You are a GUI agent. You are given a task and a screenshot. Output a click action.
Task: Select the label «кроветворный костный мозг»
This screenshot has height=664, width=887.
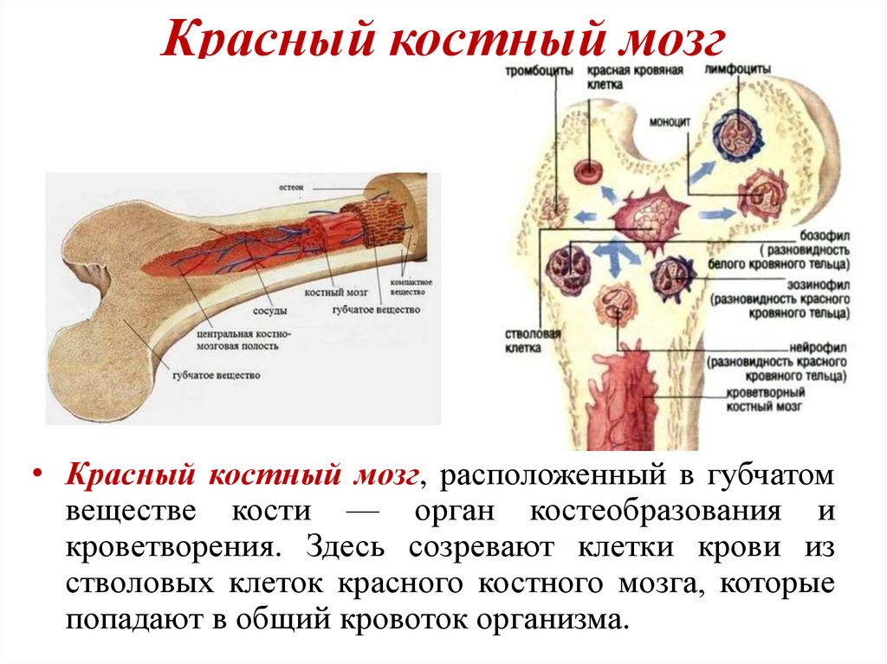click(762, 398)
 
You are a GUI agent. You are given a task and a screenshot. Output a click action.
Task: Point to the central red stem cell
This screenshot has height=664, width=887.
click(648, 214)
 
